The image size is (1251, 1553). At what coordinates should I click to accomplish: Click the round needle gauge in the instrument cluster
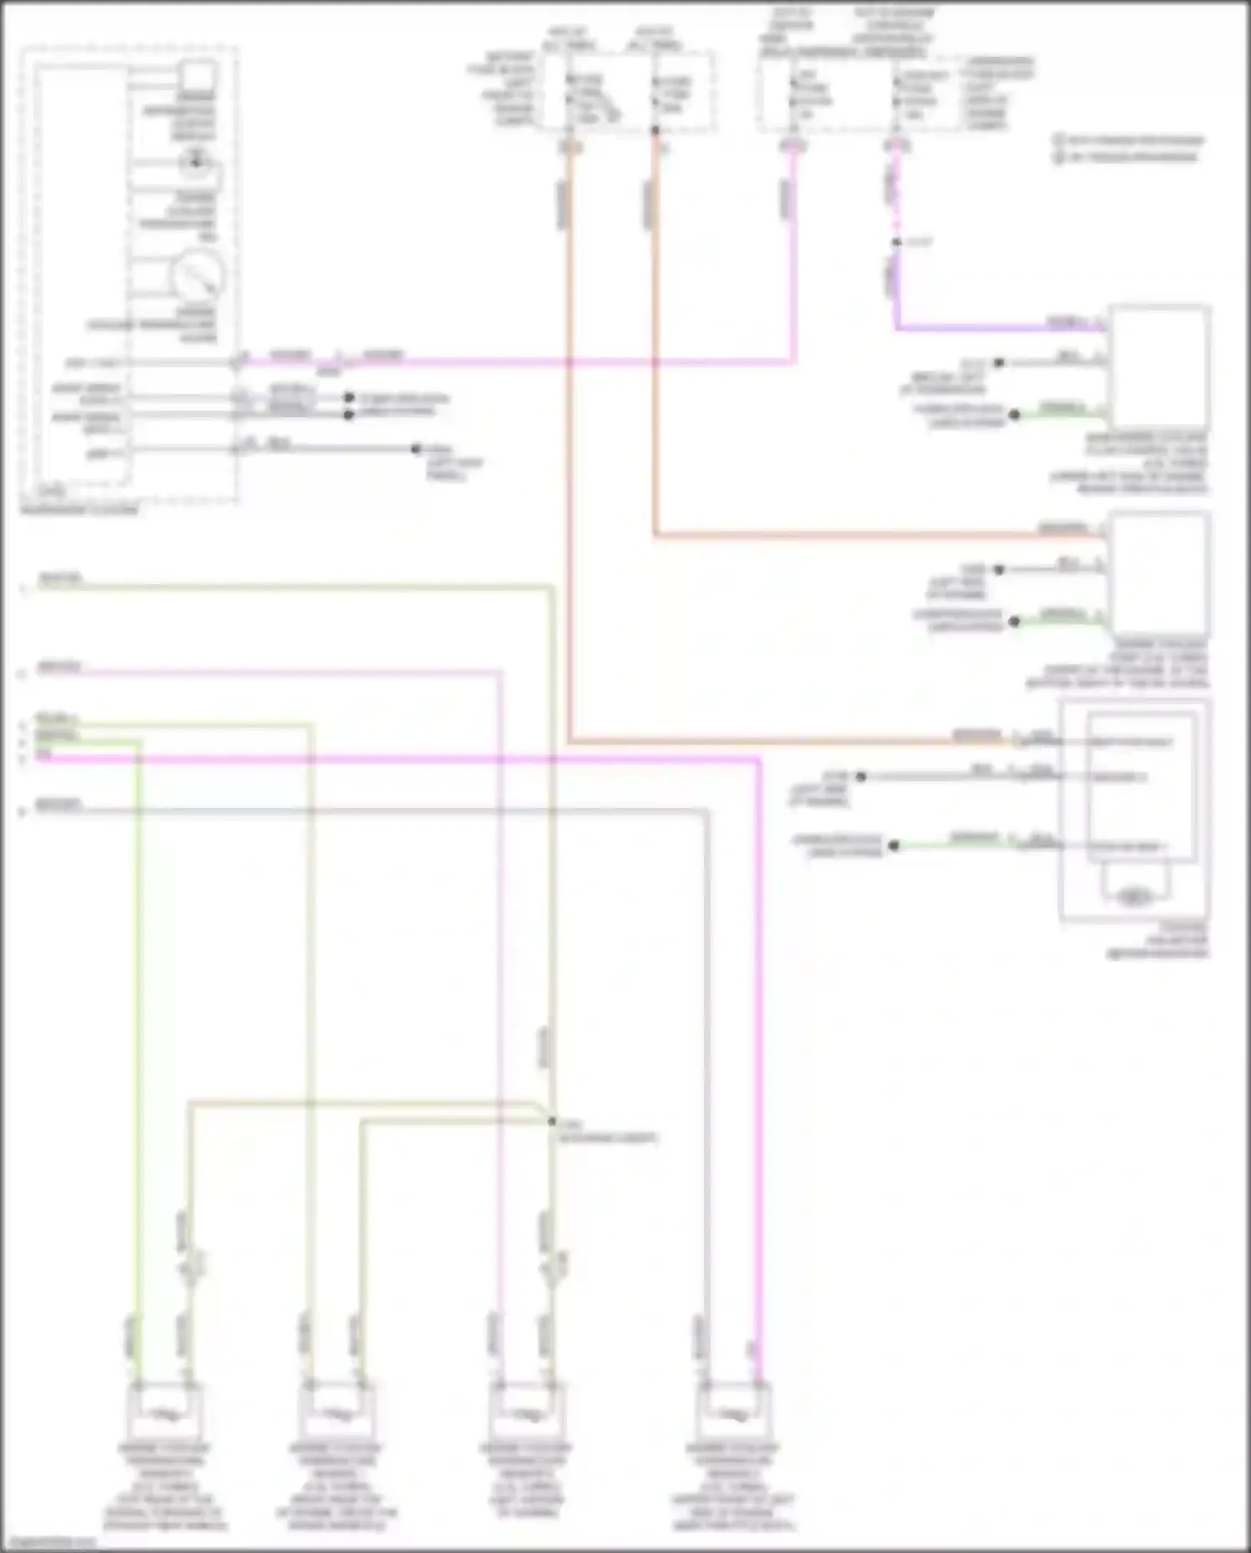pos(198,275)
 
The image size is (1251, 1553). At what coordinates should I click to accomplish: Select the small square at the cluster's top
pos(198,76)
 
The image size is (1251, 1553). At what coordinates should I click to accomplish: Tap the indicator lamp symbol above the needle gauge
pos(197,162)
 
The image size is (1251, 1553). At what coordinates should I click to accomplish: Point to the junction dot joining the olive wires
pos(551,1122)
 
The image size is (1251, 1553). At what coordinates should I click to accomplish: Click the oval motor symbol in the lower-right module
pos(1132,898)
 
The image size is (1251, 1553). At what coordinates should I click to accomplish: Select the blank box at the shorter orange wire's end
pos(1159,574)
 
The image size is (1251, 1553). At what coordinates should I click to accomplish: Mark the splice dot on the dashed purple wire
pos(897,242)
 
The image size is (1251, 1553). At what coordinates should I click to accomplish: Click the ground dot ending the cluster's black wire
pos(415,449)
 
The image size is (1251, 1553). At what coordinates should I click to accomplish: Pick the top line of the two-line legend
pos(1130,140)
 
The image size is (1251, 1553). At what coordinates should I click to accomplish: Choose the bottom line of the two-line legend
pos(1126,156)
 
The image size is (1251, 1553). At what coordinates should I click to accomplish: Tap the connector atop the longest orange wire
pos(571,147)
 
